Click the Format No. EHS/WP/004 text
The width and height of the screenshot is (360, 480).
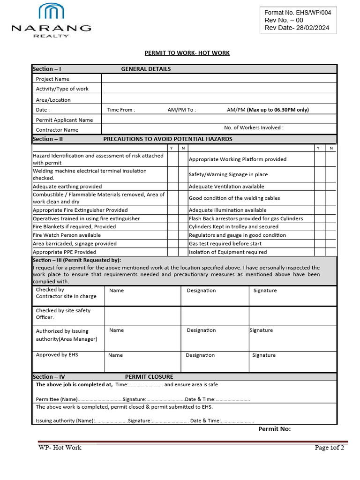(x=298, y=13)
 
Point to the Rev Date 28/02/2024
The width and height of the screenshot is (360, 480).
(x=297, y=28)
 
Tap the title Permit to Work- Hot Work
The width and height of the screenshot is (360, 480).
(x=187, y=53)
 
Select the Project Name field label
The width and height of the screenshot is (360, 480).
(x=52, y=79)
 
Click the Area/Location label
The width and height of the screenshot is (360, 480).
(x=53, y=100)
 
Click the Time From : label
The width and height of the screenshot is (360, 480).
(x=121, y=110)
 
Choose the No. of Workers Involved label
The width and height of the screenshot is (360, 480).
(x=254, y=127)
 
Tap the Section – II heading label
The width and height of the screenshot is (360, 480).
(x=48, y=139)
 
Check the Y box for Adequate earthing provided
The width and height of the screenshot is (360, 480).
(x=172, y=187)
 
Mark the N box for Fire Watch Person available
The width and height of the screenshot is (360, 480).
(x=183, y=235)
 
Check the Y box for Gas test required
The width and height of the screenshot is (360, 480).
(x=319, y=244)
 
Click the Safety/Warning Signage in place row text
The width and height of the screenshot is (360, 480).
(x=228, y=174)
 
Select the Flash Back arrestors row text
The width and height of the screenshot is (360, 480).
(x=246, y=218)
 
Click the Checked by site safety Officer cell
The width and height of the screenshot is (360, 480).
(x=63, y=314)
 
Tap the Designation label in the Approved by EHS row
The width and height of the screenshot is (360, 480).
(x=200, y=355)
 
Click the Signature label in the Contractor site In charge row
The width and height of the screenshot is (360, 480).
(x=265, y=291)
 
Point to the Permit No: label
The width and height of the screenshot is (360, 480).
(x=274, y=429)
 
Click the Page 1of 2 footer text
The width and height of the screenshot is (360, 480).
(x=329, y=448)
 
